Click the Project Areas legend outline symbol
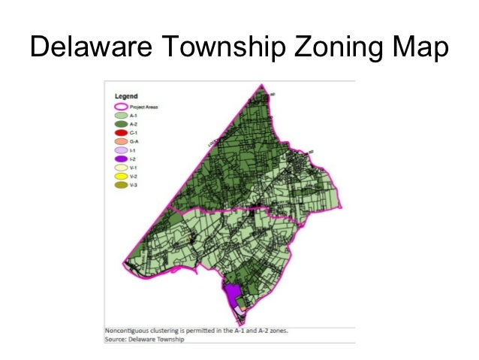(120, 107)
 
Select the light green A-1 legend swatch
(120, 116)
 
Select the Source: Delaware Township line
(144, 339)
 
